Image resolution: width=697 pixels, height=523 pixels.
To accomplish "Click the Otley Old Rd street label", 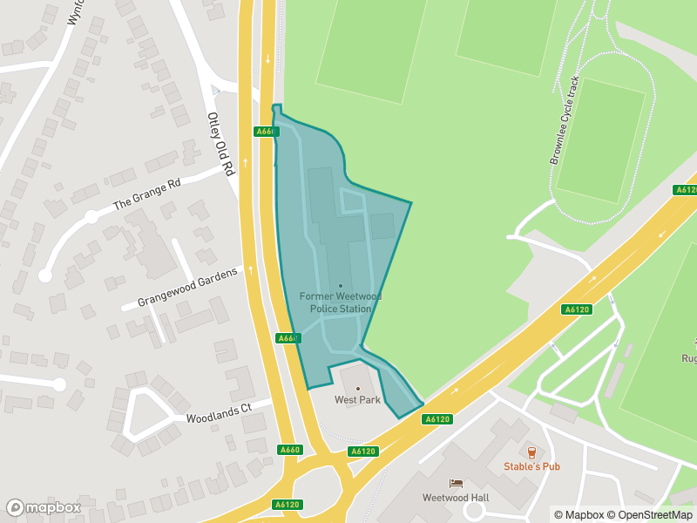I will click(x=221, y=143).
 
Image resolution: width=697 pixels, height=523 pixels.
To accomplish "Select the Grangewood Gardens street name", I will click(x=186, y=289).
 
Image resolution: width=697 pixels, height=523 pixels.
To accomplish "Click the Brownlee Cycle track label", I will click(x=564, y=120).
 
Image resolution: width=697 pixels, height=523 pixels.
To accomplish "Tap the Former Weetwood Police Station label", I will click(x=340, y=302).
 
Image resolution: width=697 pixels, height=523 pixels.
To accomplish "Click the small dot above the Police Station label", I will click(x=341, y=286).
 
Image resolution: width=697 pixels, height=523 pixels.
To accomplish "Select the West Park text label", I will click(x=357, y=400).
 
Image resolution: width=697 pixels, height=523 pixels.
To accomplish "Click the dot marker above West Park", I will click(x=357, y=388).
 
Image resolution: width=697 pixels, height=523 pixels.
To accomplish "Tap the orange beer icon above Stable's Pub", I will click(x=531, y=452).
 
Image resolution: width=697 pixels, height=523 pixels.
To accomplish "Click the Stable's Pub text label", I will click(x=531, y=466).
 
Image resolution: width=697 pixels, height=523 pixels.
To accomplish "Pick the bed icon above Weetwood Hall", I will click(x=455, y=483).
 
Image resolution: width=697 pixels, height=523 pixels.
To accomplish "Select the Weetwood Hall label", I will click(x=455, y=498).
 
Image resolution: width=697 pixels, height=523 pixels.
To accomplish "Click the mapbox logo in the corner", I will click(x=44, y=507).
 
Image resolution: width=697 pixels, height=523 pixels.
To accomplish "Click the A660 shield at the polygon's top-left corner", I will click(x=267, y=132).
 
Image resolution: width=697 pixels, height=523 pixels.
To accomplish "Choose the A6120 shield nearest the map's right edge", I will click(x=686, y=190).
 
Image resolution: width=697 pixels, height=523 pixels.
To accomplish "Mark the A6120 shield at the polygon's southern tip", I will click(x=436, y=419).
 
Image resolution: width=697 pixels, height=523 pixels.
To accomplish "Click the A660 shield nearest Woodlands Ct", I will click(x=290, y=450).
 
